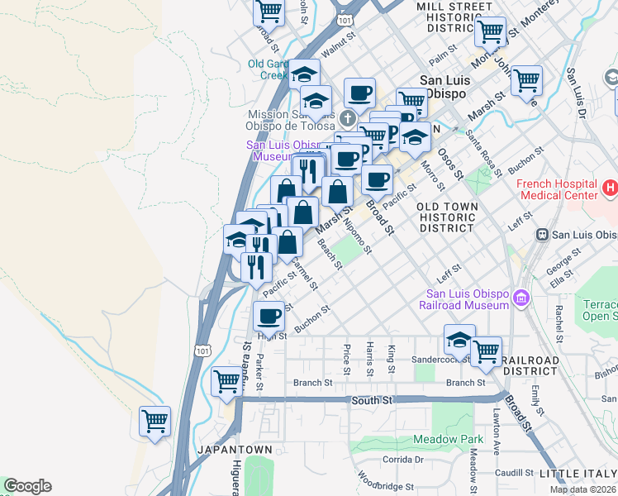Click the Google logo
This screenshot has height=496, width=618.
(27, 486)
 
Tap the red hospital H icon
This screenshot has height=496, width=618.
(610, 188)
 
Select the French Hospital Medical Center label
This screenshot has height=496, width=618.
(557, 189)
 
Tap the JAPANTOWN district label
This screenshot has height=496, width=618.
(235, 449)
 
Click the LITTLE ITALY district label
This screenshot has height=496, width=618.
(578, 474)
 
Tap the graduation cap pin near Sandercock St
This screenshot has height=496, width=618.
(459, 339)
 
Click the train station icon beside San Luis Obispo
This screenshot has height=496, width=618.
(544, 234)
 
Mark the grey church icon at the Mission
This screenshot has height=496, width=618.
(348, 118)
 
